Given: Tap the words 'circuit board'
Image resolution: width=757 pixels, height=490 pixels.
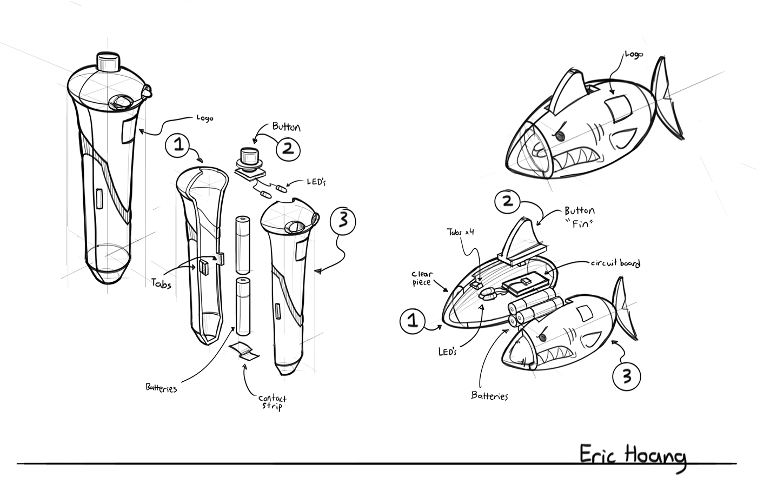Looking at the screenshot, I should pyautogui.click(x=616, y=264).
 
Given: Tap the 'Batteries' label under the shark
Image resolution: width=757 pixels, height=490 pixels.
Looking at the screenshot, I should pyautogui.click(x=490, y=396).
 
